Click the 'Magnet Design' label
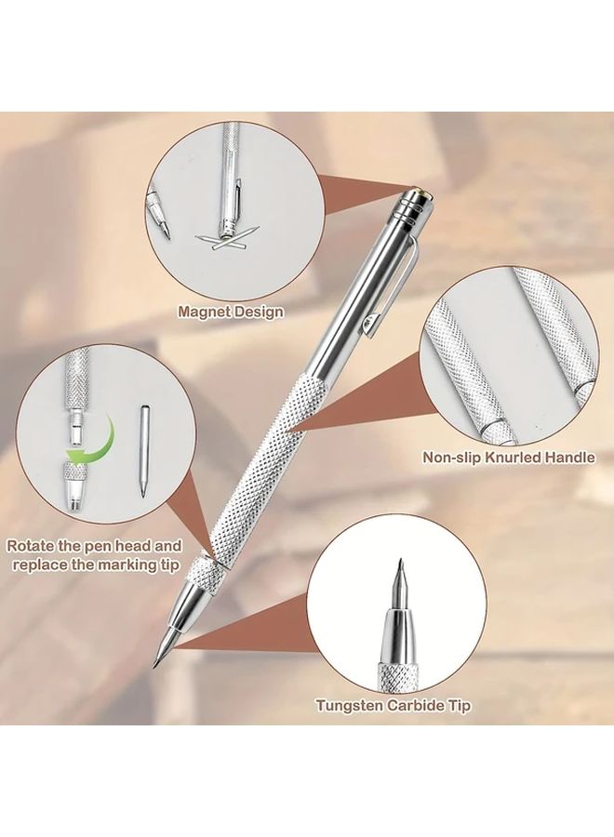(x=231, y=312)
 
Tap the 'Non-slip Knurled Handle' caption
(x=509, y=458)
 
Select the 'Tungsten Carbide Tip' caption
(x=393, y=706)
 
